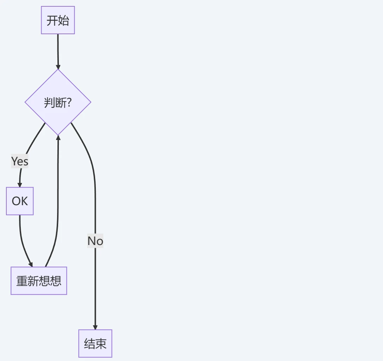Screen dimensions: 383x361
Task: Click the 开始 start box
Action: (x=58, y=20)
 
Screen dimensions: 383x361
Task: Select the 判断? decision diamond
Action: (x=58, y=102)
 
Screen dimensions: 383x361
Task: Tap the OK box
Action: (x=20, y=201)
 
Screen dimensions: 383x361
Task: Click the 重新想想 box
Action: (x=39, y=281)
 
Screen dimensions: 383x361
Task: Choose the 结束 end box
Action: (x=95, y=343)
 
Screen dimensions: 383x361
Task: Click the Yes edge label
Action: (x=20, y=161)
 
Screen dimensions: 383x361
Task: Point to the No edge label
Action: (x=95, y=241)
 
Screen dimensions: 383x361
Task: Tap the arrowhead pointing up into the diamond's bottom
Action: (x=58, y=137)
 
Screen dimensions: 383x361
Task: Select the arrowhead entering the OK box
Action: (x=20, y=185)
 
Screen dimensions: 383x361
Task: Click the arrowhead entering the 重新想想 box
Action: (x=31, y=265)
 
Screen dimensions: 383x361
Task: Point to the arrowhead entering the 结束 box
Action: (x=95, y=327)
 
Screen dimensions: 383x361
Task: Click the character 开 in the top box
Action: (x=52, y=20)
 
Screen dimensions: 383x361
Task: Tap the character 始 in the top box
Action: (x=63, y=20)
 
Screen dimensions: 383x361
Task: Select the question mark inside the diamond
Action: (x=69, y=103)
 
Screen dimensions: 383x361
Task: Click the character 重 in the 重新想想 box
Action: (x=22, y=281)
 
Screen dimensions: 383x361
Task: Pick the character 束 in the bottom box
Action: (x=101, y=344)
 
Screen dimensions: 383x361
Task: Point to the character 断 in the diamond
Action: (x=61, y=103)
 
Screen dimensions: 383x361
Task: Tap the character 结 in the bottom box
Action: (x=89, y=344)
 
